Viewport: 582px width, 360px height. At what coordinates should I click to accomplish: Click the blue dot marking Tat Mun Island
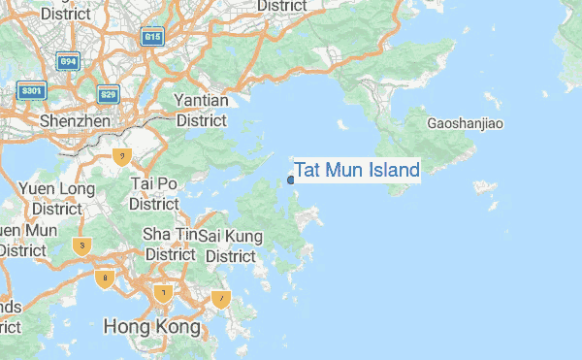pyautogui.click(x=291, y=180)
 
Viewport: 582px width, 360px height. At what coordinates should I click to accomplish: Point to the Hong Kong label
pyautogui.click(x=152, y=326)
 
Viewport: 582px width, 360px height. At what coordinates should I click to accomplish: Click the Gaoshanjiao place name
pyautogui.click(x=466, y=123)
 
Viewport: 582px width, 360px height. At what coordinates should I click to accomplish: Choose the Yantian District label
pyautogui.click(x=201, y=111)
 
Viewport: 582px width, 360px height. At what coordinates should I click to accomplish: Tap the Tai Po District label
pyautogui.click(x=154, y=193)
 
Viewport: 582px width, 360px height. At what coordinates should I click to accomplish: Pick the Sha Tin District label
pyautogui.click(x=170, y=244)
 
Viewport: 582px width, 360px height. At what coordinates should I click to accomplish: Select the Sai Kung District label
pyautogui.click(x=231, y=245)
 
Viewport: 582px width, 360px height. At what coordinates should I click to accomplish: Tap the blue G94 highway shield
pyautogui.click(x=68, y=62)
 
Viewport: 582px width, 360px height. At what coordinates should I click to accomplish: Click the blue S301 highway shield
pyautogui.click(x=32, y=91)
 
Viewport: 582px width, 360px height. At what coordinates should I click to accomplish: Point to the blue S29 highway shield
pyautogui.click(x=109, y=94)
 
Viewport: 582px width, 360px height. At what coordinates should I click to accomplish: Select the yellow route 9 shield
pyautogui.click(x=121, y=156)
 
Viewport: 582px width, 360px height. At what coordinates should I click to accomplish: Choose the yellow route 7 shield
pyautogui.click(x=221, y=299)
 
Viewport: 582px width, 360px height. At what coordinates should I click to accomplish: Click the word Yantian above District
pyautogui.click(x=201, y=101)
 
